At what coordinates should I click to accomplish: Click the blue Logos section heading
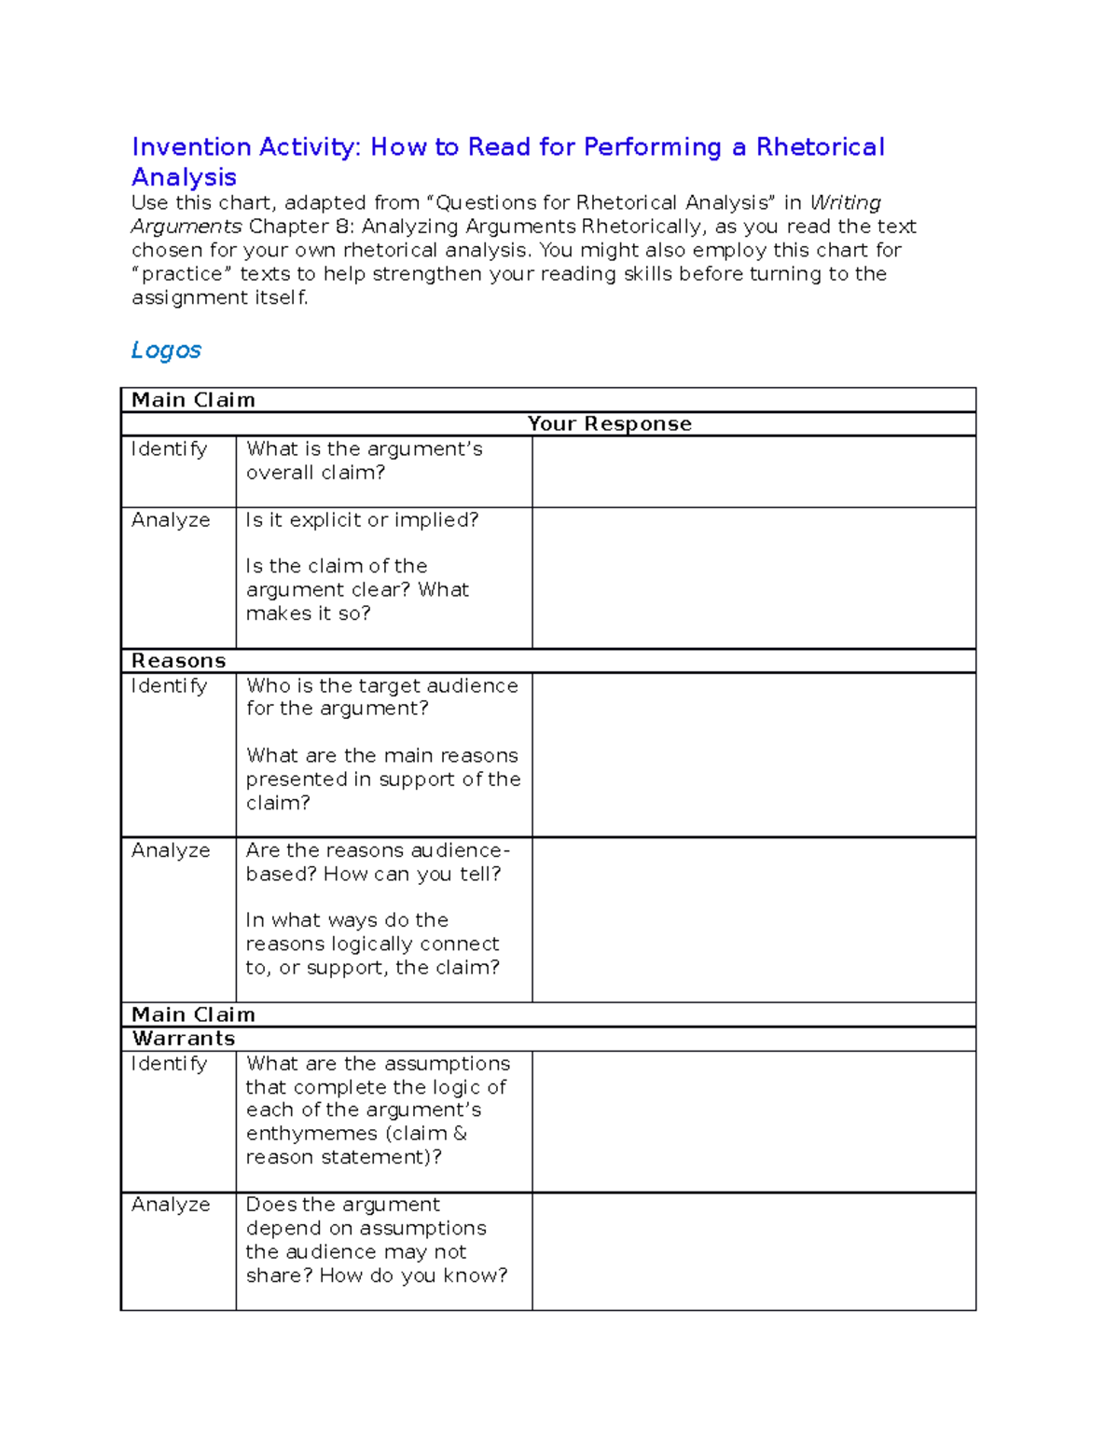(166, 351)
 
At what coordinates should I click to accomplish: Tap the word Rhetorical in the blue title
(820, 147)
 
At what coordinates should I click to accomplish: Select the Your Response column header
(609, 424)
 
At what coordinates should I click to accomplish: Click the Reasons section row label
(178, 661)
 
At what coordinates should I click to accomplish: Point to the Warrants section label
(183, 1039)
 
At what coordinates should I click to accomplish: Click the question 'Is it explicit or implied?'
(362, 520)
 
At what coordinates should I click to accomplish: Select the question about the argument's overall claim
(364, 461)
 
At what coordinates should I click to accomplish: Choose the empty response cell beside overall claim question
(753, 472)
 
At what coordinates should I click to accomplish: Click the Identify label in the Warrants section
(169, 1064)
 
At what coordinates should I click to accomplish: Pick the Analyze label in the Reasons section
(171, 850)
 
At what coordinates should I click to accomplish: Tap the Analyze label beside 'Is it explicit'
(171, 520)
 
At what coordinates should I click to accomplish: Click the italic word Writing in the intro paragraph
(845, 203)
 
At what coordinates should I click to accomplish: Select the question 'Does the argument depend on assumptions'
(376, 1240)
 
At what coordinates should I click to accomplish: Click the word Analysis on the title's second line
(184, 177)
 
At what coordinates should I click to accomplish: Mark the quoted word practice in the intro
(182, 274)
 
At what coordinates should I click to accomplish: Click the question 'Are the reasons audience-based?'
(377, 862)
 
